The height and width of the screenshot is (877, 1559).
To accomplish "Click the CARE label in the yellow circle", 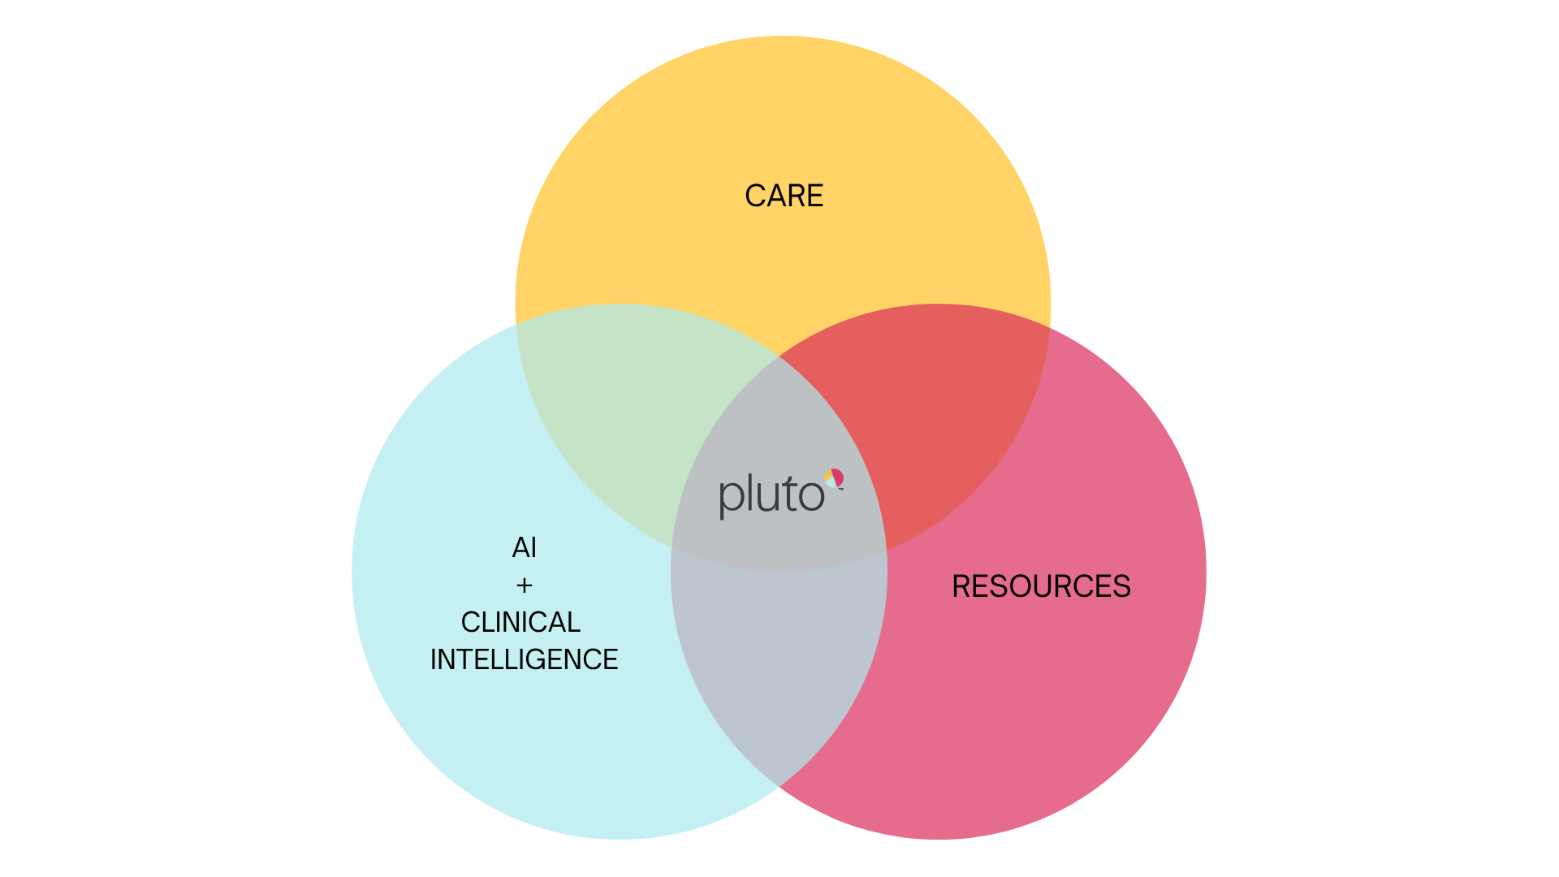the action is (784, 196).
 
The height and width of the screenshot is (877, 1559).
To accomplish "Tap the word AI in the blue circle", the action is (525, 548).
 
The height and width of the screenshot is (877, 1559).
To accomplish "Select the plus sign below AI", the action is (525, 585).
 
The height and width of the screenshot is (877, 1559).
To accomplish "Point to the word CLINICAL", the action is (520, 622).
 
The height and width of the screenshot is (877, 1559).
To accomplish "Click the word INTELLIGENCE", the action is (524, 659).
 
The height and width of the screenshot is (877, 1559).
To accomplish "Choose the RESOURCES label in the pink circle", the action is (1041, 586).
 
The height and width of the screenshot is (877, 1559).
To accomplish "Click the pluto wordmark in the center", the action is (772, 495).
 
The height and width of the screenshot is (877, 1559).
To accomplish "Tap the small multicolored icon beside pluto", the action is (834, 478).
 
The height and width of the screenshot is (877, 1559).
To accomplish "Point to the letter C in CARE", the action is (754, 196).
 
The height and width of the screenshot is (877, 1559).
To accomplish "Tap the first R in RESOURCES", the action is (961, 586).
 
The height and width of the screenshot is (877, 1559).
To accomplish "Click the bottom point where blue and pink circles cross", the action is (779, 786).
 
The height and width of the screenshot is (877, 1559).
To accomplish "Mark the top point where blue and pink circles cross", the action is (779, 356).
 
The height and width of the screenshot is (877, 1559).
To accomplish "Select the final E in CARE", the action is (815, 196).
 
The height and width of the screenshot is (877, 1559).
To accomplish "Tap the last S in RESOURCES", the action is (1122, 586).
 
